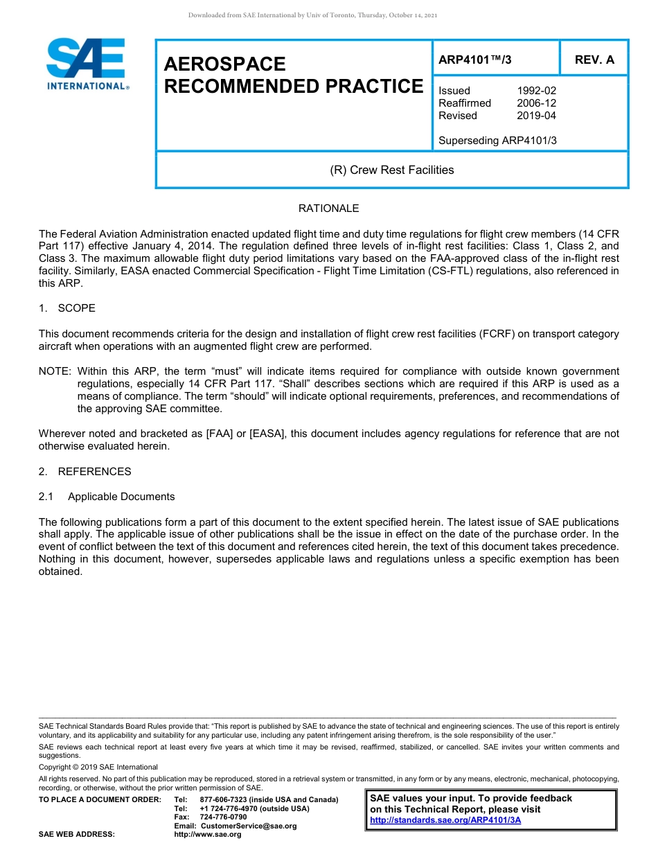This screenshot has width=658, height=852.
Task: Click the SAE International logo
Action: [87, 64]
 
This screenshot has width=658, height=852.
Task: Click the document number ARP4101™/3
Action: [474, 60]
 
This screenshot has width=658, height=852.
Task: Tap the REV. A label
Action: [594, 60]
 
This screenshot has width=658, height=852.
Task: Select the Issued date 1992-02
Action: [536, 91]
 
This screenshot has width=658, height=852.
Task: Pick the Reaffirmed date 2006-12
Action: [536, 103]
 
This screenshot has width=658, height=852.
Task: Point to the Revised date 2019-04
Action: [536, 116]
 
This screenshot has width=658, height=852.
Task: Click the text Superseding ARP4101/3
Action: [497, 141]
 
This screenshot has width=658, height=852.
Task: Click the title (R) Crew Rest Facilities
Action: [391, 170]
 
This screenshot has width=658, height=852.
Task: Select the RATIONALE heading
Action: [328, 208]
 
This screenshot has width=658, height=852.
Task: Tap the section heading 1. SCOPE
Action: [67, 308]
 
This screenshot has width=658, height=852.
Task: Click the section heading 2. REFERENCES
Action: [85, 472]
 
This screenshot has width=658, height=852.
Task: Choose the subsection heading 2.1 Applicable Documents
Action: [107, 497]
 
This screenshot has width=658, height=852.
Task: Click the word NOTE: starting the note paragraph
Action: [55, 372]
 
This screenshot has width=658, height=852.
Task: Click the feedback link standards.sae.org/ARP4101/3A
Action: [445, 820]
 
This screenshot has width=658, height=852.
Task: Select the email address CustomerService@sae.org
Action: [248, 826]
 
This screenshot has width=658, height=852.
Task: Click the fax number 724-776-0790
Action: [223, 817]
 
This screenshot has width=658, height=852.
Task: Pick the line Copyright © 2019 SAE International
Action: [98, 767]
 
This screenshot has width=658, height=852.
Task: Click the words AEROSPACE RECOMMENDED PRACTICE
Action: [293, 75]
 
